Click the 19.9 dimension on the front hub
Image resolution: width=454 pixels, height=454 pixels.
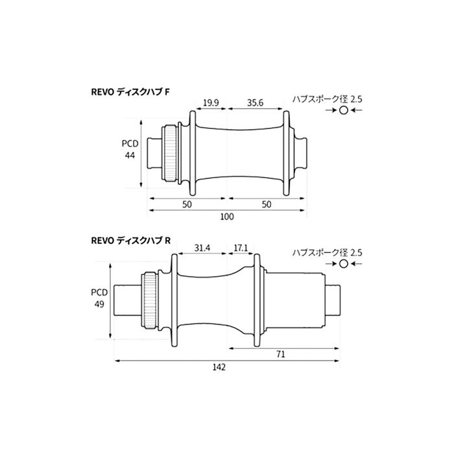tap(211, 102)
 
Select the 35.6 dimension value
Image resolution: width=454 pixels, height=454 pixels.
tap(255, 102)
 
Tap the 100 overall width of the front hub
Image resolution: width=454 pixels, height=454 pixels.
tap(227, 217)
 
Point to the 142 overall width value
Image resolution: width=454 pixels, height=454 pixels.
tap(219, 367)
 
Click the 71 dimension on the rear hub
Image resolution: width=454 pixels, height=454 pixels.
tap(281, 354)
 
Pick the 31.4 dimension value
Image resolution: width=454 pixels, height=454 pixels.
tap(202, 248)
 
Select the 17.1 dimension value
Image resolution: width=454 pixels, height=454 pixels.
tap(241, 248)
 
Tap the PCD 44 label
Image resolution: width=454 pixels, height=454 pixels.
tap(130, 149)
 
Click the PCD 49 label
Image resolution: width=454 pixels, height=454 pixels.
tap(99, 298)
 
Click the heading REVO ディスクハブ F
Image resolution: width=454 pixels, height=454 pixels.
tap(130, 92)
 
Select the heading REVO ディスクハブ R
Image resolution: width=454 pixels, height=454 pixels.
tap(131, 241)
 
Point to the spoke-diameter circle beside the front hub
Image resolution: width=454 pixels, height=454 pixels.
tap(343, 110)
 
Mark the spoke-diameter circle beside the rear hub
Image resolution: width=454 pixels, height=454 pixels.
tap(343, 264)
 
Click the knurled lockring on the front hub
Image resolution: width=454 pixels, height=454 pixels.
tap(171, 153)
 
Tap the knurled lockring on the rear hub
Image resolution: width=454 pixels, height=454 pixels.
tap(150, 301)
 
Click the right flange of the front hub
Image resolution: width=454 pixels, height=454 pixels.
tap(286, 153)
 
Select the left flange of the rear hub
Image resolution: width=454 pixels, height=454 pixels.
tap(174, 300)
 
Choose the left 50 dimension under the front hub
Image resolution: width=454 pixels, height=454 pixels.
tap(187, 204)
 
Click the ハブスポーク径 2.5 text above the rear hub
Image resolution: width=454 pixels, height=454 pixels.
tap(327, 253)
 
